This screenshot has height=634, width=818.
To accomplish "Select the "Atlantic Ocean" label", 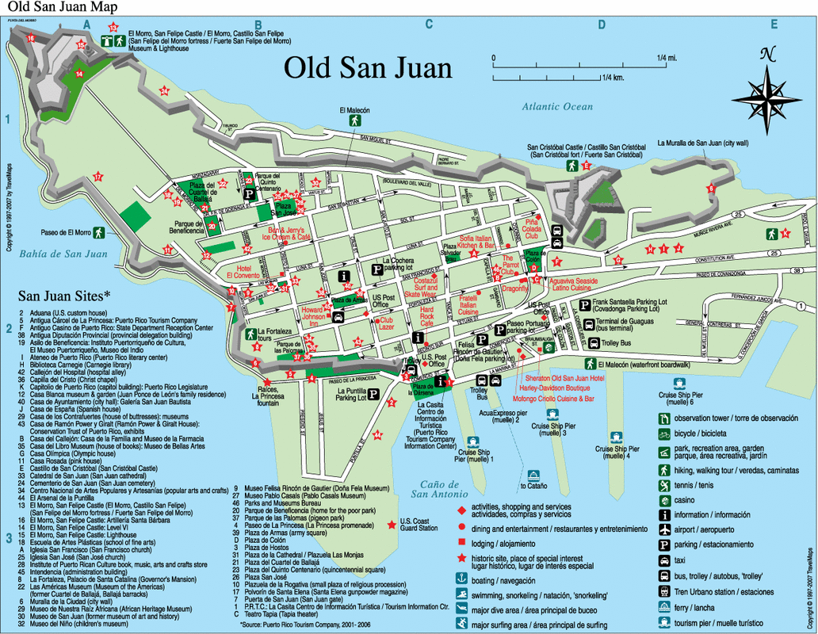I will coord(557,107).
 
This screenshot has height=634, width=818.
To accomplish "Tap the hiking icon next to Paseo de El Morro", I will coord(98,232).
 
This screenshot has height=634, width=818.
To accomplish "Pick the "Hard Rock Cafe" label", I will coord(427,317).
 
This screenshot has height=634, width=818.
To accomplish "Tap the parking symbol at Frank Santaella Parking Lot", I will coord(584,305).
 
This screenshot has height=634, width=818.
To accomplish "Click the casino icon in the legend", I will coord(663,499).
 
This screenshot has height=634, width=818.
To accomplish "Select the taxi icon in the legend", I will coord(663,560).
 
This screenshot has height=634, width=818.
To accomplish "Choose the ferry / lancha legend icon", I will coord(663,606).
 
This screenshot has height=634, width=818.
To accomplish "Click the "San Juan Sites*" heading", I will coord(65,296).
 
